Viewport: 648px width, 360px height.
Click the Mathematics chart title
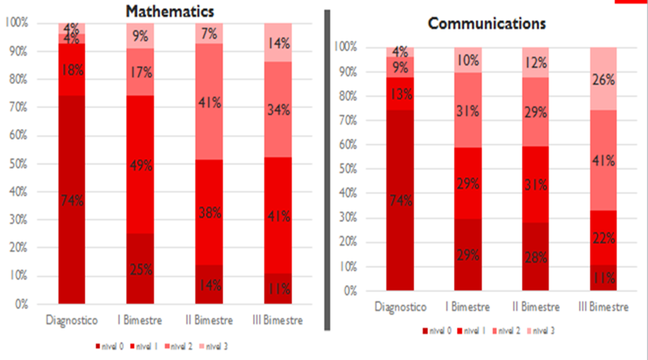pyautogui.click(x=170, y=11)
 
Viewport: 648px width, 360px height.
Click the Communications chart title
pyautogui.click(x=487, y=23)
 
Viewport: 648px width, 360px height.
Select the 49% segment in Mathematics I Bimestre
pyautogui.click(x=141, y=166)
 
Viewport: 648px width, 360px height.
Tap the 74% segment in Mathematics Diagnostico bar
pyautogui.click(x=72, y=201)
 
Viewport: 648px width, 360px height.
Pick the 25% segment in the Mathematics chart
pyautogui.click(x=141, y=269)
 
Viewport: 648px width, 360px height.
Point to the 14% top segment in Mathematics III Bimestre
pyautogui.click(x=278, y=43)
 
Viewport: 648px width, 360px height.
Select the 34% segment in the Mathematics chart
pyautogui.click(x=278, y=109)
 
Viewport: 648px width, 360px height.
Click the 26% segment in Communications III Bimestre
pyautogui.click(x=604, y=79)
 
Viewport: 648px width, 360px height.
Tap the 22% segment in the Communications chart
pyautogui.click(x=604, y=238)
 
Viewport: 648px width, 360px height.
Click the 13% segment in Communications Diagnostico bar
pyautogui.click(x=401, y=94)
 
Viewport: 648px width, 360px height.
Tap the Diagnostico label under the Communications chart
pyautogui.click(x=401, y=307)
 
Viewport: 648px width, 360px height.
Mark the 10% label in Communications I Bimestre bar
pyautogui.click(x=468, y=60)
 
